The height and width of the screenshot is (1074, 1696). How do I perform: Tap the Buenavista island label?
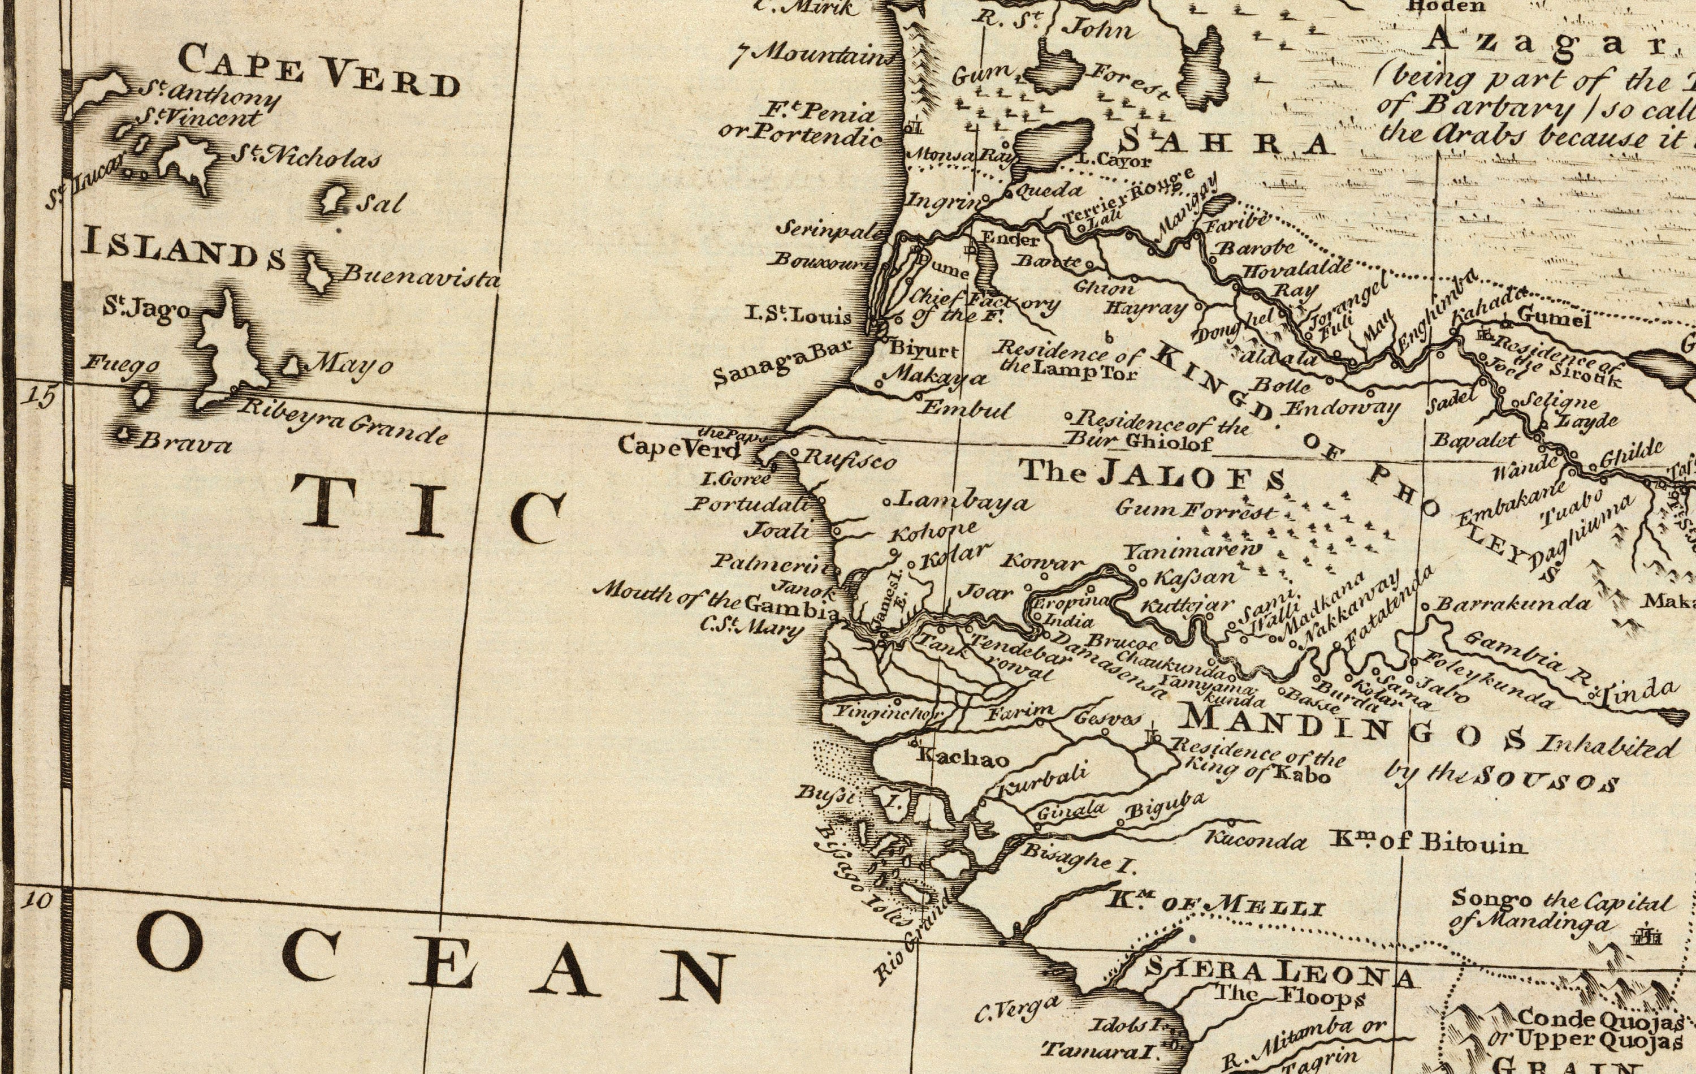coord(421,275)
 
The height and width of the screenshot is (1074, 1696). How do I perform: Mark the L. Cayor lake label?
coord(1114,161)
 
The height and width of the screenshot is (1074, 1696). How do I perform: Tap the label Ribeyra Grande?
coord(343,424)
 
